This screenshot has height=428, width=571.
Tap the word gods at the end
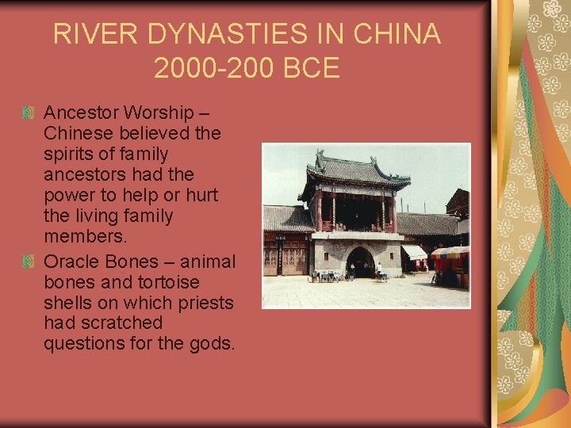[x=213, y=344]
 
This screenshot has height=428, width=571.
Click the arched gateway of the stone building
[x=361, y=262]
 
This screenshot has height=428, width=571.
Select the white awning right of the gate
[x=415, y=252]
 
